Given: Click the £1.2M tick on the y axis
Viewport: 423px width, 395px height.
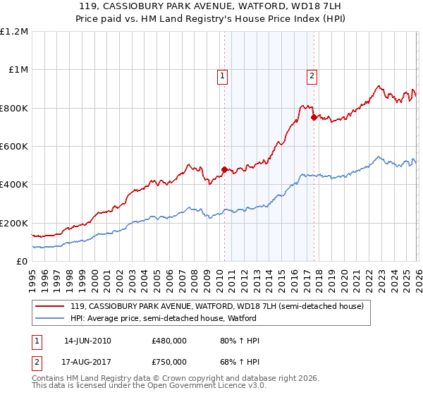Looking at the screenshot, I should pyautogui.click(x=14, y=32).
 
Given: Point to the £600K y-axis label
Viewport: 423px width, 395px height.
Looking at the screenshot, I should pyautogui.click(x=14, y=147).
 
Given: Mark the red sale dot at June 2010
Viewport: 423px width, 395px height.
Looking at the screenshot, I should pyautogui.click(x=224, y=169).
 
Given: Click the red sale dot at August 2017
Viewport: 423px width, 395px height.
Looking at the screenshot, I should pyautogui.click(x=314, y=118).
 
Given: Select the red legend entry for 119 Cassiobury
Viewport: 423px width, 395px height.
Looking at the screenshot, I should pyautogui.click(x=216, y=306).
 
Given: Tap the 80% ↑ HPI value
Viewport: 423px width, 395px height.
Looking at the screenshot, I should pyautogui.click(x=240, y=341).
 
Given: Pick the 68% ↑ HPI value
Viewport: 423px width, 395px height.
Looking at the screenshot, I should pyautogui.click(x=240, y=363).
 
